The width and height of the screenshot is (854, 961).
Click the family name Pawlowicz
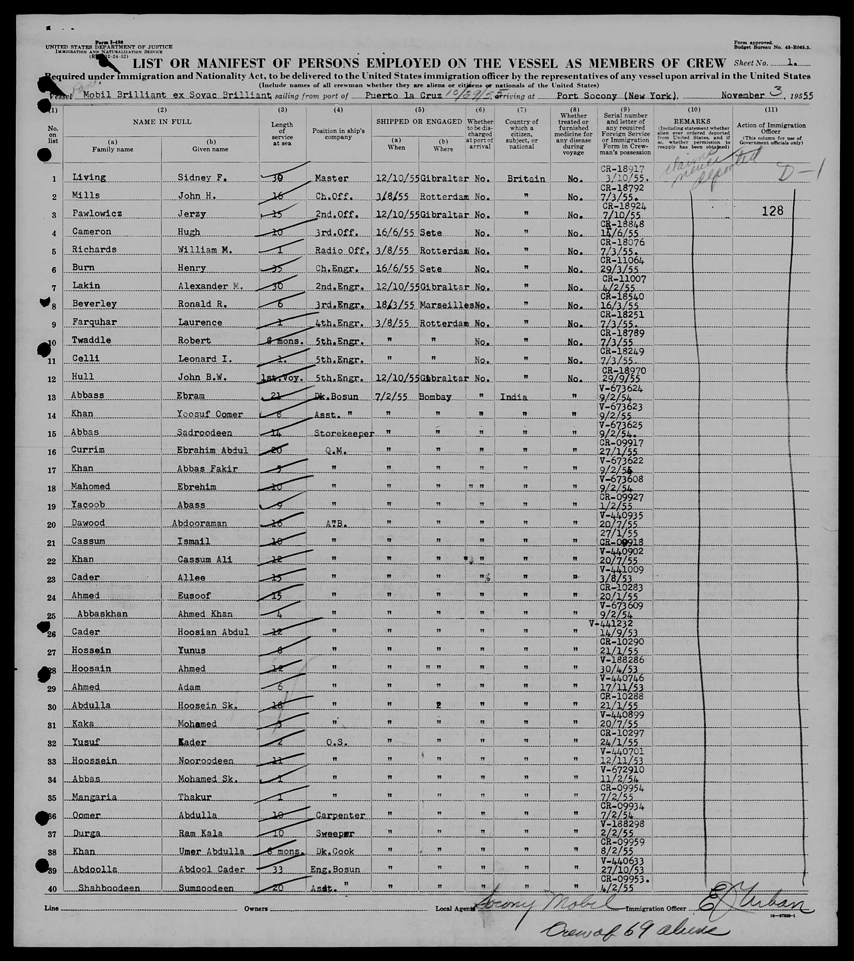coord(97,214)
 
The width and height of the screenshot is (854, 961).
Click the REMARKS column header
coord(692,121)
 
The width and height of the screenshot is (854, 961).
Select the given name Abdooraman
coord(199,523)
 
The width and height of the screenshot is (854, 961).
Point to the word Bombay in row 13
coord(435,397)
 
